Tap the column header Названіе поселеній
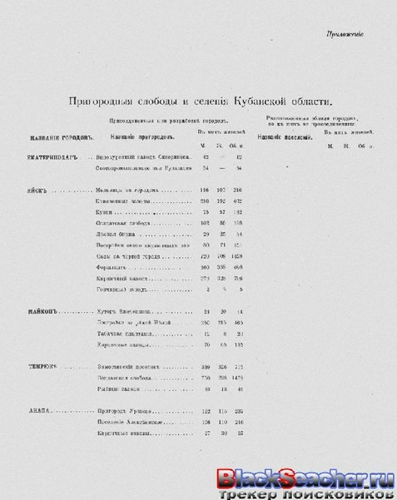point(284,136)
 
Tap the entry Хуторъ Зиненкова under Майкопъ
point(124,310)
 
